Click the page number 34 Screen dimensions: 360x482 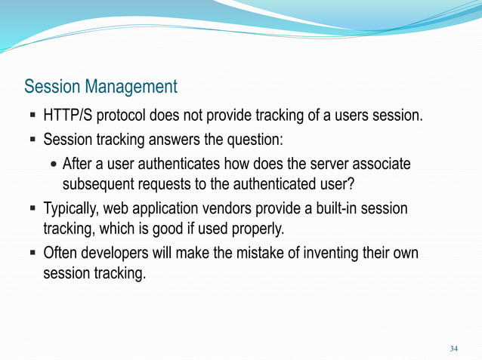[x=453, y=349]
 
